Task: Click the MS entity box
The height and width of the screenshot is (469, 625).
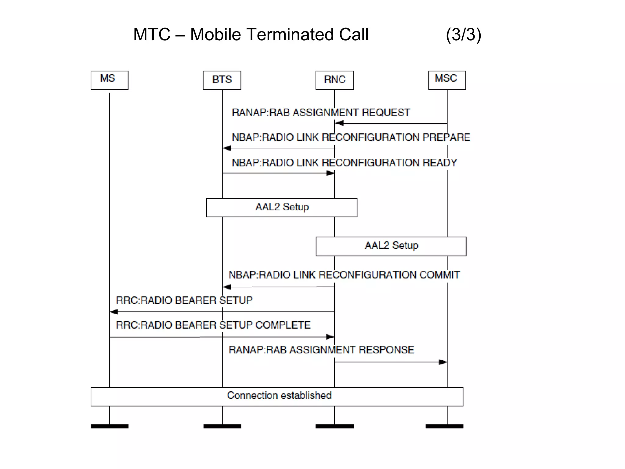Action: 109,80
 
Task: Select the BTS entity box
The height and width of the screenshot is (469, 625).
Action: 222,80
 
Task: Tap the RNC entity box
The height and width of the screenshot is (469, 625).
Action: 334,80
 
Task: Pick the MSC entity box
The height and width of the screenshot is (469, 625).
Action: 447,80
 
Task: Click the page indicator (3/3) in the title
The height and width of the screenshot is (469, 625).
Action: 463,35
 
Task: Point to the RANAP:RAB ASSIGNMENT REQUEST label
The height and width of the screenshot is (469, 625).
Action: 321,113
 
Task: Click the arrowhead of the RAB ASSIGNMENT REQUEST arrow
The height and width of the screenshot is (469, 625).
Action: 339,123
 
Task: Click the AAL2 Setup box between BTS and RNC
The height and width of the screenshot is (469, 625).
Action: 282,207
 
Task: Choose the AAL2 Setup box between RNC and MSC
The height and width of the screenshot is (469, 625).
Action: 391,246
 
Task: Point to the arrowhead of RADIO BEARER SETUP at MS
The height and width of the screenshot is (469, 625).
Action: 114,312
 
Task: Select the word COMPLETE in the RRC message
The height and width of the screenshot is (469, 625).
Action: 283,325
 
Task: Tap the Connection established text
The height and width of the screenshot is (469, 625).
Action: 279,395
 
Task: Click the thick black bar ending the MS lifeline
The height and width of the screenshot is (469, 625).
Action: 109,426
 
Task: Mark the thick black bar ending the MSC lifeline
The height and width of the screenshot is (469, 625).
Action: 444,426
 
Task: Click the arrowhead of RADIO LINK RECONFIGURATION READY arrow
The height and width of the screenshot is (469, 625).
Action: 330,173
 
